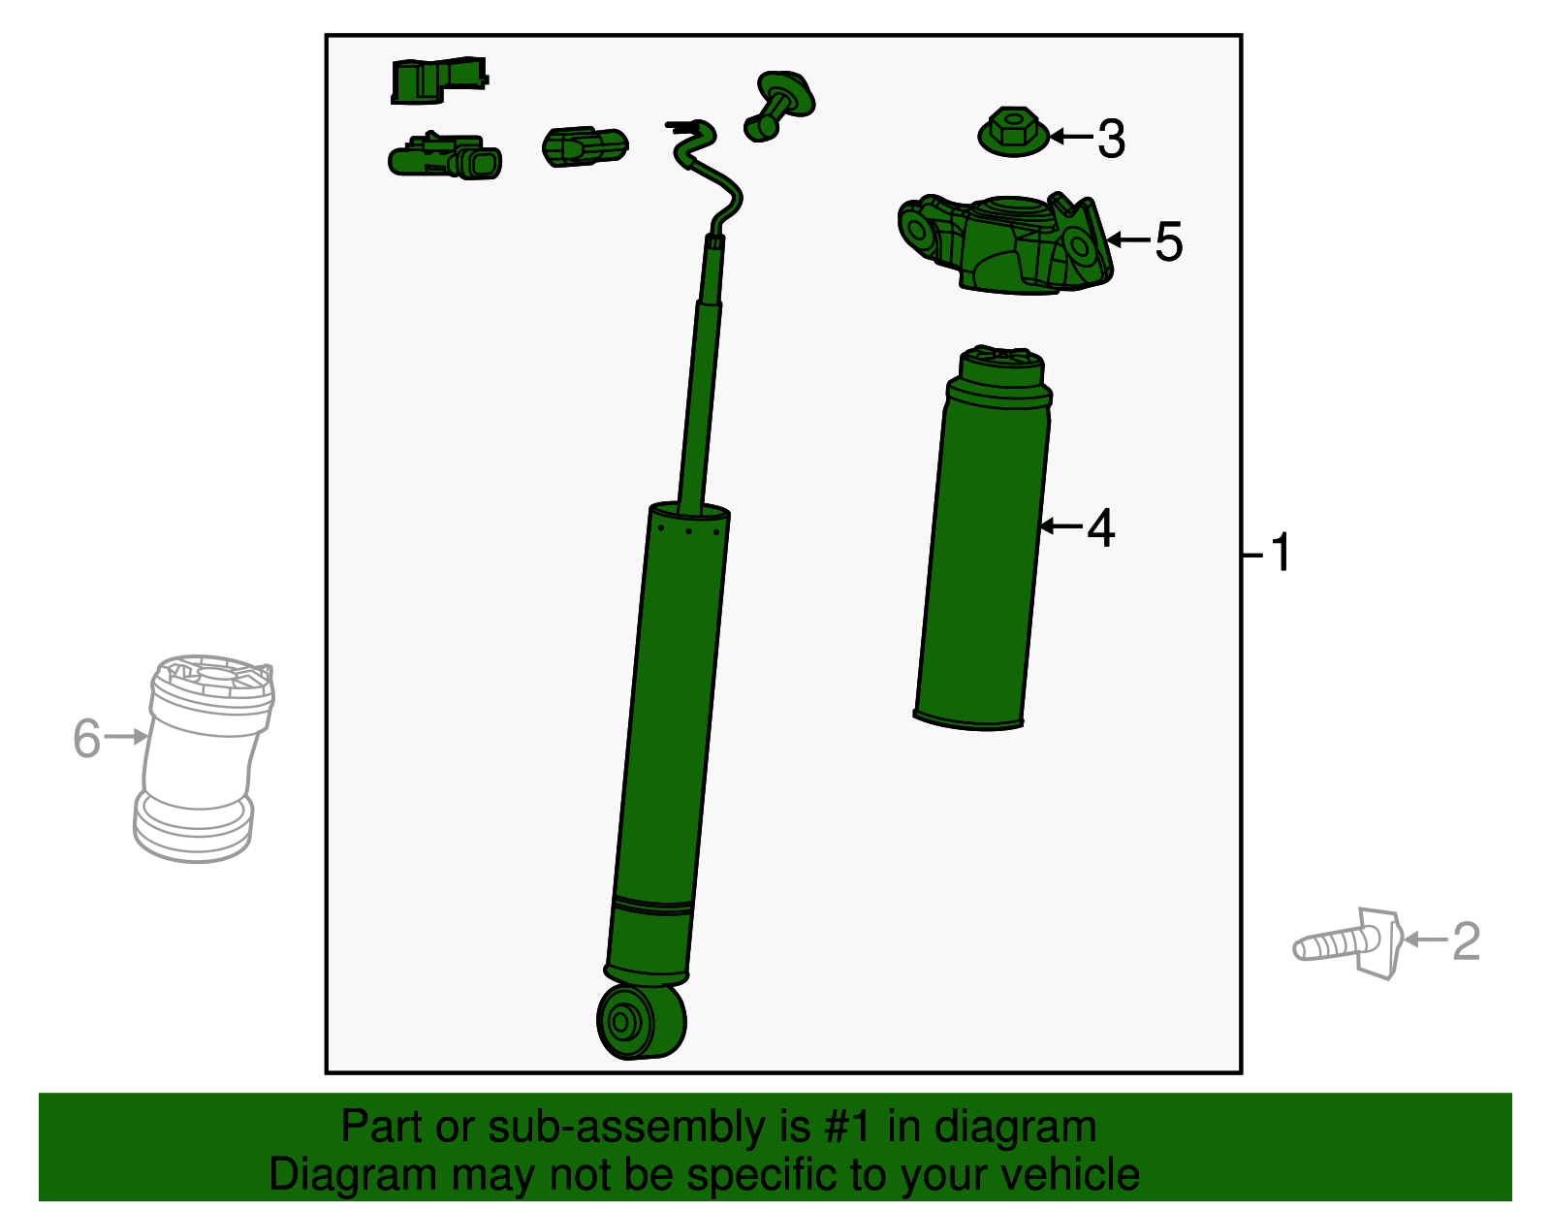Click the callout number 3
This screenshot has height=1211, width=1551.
(x=1111, y=139)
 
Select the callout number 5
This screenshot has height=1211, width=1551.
(x=1168, y=242)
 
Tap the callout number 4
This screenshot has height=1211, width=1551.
(x=1100, y=528)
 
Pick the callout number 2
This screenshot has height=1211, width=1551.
(x=1467, y=941)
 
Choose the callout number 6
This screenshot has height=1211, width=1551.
(x=87, y=738)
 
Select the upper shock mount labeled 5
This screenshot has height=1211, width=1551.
(x=1005, y=244)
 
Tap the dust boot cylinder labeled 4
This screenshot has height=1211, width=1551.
(x=984, y=538)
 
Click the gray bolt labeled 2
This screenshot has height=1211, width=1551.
(x=1347, y=944)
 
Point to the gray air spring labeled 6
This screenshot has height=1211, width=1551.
(x=205, y=758)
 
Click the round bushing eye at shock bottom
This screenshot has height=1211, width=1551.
(x=641, y=1021)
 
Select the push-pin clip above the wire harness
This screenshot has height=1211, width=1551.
(x=779, y=106)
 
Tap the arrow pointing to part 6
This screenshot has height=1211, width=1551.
(x=126, y=737)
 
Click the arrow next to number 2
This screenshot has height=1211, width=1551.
(x=1426, y=940)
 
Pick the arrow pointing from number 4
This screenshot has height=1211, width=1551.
(x=1061, y=526)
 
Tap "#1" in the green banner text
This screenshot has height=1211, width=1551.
(x=847, y=1127)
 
